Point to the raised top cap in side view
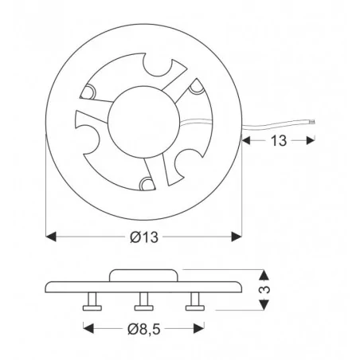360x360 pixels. (x=144, y=275)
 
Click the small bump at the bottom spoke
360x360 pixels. (x=146, y=184)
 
